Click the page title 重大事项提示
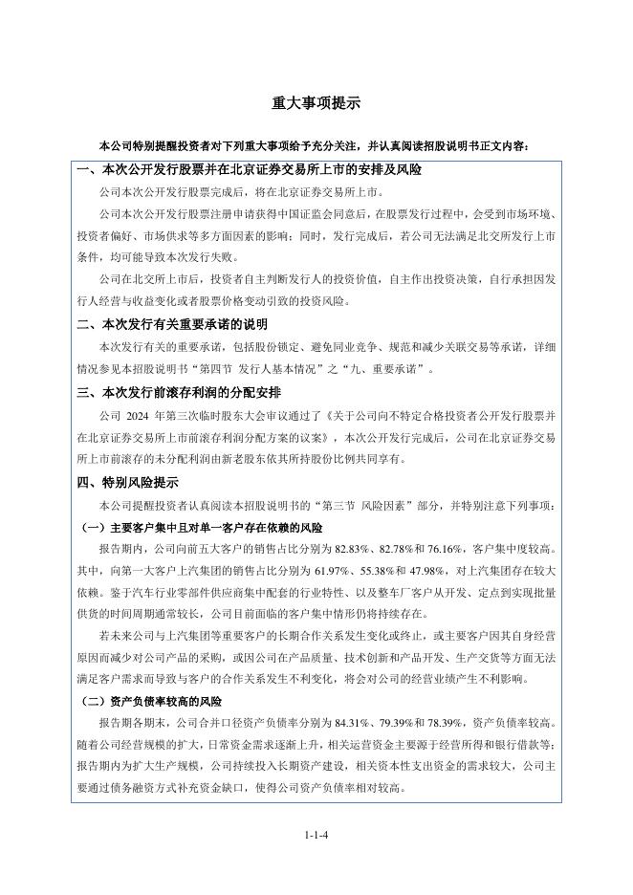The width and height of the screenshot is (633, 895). pyautogui.click(x=316, y=103)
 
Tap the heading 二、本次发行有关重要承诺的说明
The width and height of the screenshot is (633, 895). pyautogui.click(x=172, y=325)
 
